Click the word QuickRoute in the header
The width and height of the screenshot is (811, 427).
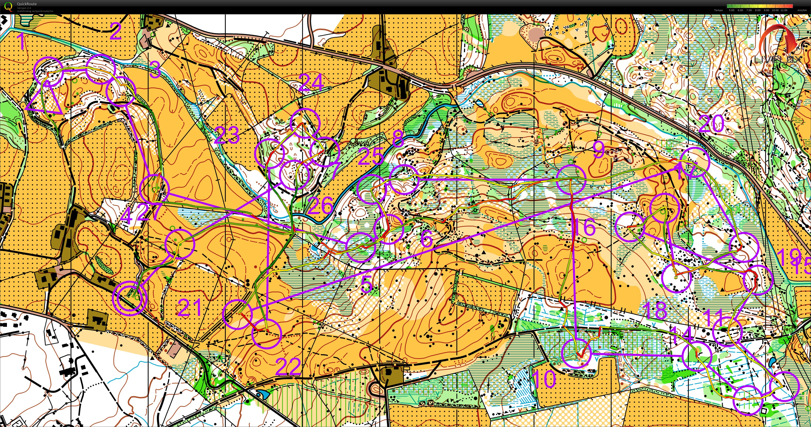27,4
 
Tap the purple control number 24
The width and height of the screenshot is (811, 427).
311,83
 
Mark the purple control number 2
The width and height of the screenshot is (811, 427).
115,32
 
